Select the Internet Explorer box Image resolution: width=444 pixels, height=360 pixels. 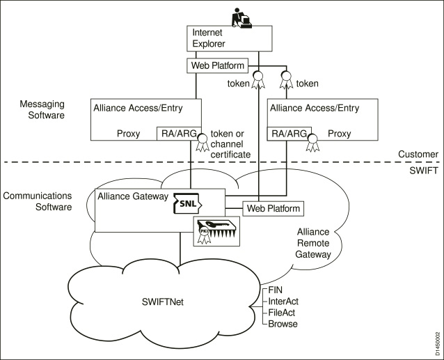pyautogui.click(x=224, y=39)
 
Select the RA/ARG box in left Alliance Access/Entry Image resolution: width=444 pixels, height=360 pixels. pyautogui.click(x=177, y=132)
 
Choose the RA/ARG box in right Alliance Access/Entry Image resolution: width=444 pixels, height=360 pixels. pyautogui.click(x=287, y=132)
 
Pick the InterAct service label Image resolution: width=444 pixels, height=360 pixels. pyautogui.click(x=284, y=300)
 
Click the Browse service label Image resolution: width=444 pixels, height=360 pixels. pyautogui.click(x=283, y=324)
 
